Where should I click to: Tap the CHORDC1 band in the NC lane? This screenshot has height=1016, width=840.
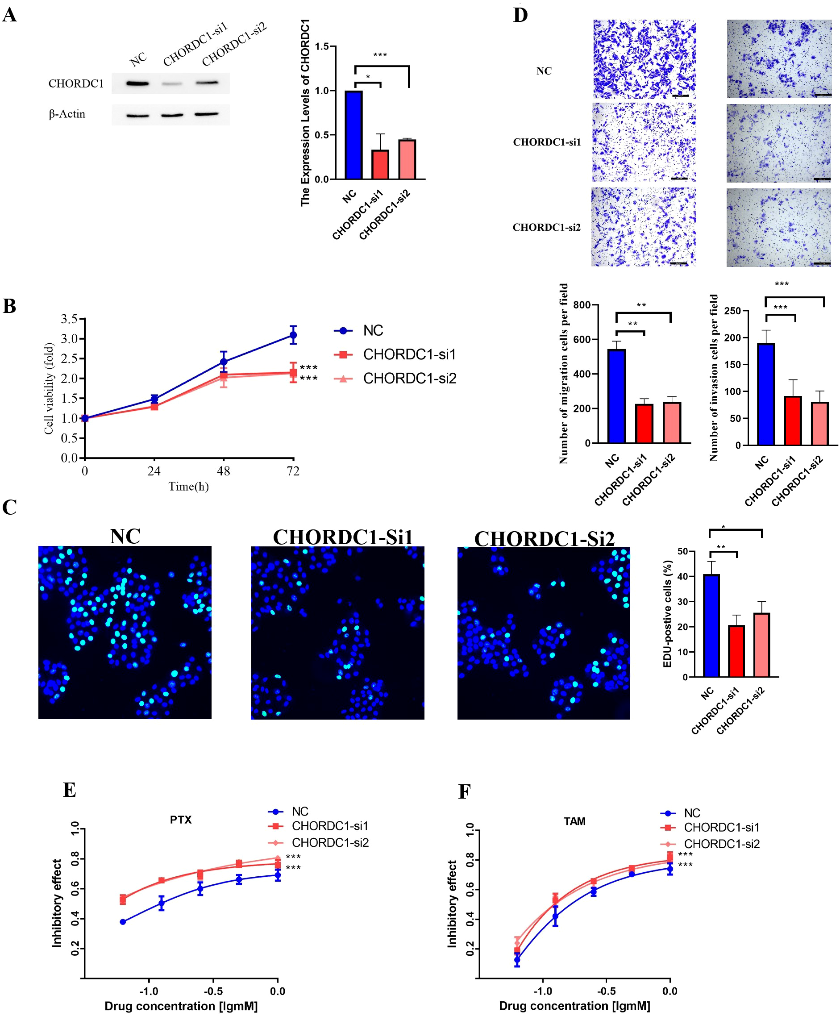137,83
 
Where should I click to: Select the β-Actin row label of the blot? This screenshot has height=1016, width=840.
67,114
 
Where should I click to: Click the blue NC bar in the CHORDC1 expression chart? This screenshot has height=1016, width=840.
353,135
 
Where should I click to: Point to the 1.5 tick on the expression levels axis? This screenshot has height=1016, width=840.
322,46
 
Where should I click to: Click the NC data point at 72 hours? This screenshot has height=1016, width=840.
293,335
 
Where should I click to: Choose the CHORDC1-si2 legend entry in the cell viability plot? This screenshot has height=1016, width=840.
409,379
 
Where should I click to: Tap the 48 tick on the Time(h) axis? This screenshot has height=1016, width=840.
223,471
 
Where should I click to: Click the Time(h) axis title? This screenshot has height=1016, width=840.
188,487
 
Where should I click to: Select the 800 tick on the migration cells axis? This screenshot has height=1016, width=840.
582,305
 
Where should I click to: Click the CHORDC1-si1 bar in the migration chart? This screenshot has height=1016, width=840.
644,423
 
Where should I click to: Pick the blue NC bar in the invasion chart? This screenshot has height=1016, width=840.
766,394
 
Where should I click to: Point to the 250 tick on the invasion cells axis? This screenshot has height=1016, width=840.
732,311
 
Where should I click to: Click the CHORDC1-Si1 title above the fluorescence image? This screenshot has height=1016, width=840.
343,537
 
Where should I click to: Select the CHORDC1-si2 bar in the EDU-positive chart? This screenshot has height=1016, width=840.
761,645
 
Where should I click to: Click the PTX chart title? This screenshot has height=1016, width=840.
180,820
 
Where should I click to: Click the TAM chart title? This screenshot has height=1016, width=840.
574,821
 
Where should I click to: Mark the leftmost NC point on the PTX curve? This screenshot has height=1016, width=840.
123,922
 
